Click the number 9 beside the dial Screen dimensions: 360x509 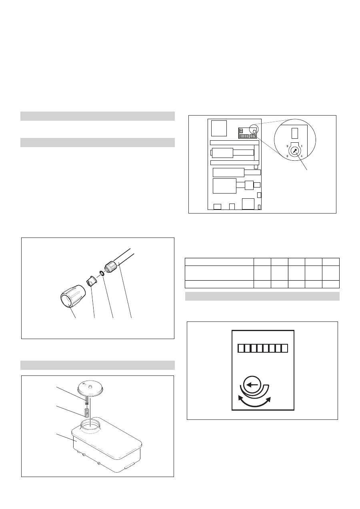[x=287, y=146]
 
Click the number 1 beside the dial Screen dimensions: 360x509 [x=302, y=146]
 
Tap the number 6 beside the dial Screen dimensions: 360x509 [x=287, y=156]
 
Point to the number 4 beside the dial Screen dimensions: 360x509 [x=302, y=156]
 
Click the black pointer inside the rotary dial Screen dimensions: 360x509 [x=295, y=151]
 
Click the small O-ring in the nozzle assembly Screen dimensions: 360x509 [x=102, y=273]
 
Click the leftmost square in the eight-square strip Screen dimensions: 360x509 [x=241, y=348]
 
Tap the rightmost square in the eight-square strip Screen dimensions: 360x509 [x=284, y=348]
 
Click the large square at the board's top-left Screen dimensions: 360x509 [x=219, y=128]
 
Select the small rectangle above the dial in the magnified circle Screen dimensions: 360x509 [x=294, y=133]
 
